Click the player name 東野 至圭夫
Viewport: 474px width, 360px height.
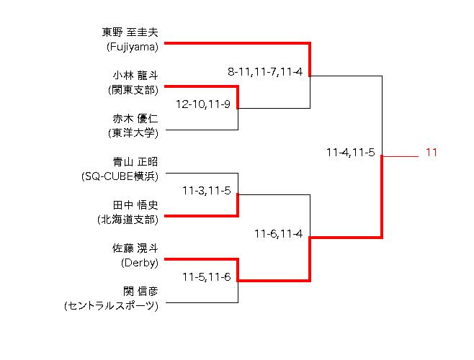[130, 32]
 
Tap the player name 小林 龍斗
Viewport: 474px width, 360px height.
[135, 76]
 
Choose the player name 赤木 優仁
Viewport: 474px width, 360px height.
[135, 119]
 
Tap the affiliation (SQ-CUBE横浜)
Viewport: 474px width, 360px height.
[120, 176]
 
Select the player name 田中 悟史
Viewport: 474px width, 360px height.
[135, 205]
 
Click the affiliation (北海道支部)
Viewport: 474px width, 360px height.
[127, 220]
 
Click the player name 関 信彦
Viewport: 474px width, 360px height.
[140, 292]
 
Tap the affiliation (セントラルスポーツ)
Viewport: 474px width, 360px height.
[111, 306]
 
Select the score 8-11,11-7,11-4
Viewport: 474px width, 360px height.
[264, 71]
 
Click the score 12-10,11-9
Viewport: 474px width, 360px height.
[207, 104]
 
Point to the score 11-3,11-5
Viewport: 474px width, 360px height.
[207, 191]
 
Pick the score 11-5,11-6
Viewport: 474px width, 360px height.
[207, 277]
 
